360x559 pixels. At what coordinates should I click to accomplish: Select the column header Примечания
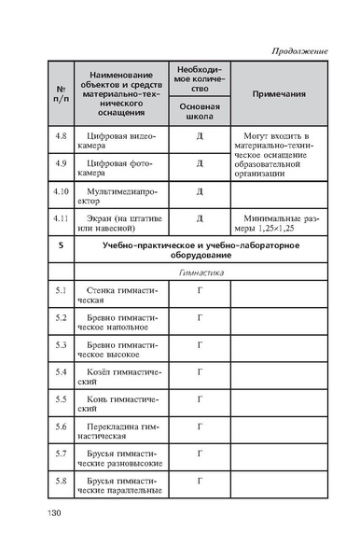tap(280, 94)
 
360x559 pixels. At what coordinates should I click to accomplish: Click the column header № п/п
tap(62, 94)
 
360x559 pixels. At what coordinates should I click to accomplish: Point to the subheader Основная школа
tap(199, 113)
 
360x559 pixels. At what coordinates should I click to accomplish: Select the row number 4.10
tap(62, 193)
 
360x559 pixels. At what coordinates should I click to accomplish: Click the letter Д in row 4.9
tap(199, 163)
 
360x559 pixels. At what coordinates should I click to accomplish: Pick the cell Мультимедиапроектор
tap(121, 199)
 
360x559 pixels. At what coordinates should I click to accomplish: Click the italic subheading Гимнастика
tap(199, 273)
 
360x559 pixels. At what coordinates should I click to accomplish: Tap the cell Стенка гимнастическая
tap(121, 297)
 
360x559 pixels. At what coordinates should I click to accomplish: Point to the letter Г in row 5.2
tap(199, 318)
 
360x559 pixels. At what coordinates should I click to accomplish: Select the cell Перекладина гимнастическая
tap(121, 432)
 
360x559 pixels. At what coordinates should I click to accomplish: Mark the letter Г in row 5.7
tap(199, 454)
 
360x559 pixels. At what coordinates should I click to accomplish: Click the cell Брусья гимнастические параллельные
tap(121, 486)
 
